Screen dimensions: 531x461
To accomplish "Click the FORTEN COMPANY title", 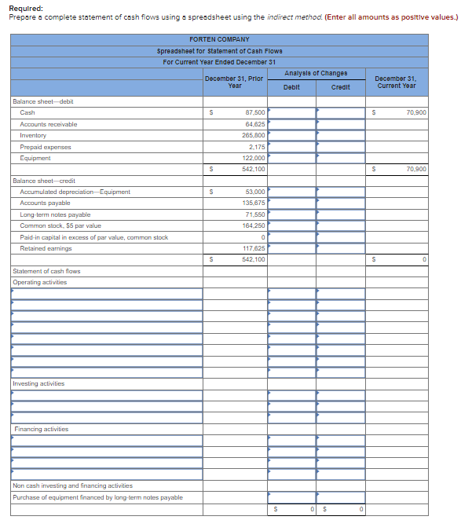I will coord(219,39).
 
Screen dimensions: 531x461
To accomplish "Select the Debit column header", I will coord(291,87).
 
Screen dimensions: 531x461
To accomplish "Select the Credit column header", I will coord(340,87).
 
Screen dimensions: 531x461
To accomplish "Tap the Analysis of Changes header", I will coord(316,73).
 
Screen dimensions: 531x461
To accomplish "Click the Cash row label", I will coord(27,113).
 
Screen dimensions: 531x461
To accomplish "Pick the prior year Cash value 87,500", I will coord(254,113).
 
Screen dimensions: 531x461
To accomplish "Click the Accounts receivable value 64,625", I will coord(254,124).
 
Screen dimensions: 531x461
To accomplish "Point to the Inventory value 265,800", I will coord(253,135).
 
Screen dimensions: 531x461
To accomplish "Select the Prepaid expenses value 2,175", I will coord(257,147).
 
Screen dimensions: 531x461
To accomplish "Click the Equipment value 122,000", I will coord(253,158).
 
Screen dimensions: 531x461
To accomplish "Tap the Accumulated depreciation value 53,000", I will coord(254,192).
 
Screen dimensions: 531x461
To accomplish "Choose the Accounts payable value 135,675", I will coord(253,203).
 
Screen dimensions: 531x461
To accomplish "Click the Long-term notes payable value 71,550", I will coord(254,214).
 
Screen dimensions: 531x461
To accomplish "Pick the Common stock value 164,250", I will coord(253,225).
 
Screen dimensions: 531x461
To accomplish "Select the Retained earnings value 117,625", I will coord(253,248).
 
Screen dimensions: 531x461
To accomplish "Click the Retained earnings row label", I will coord(46,248).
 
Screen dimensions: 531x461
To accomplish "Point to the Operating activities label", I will coord(40,282).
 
